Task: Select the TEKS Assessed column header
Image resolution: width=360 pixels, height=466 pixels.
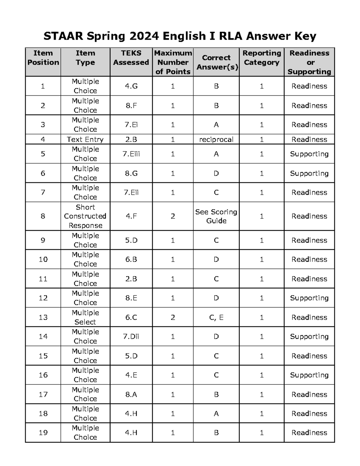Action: click(x=131, y=58)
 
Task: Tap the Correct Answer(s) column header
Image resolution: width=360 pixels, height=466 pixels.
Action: click(x=216, y=62)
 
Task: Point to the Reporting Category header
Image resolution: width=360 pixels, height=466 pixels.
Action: click(x=262, y=58)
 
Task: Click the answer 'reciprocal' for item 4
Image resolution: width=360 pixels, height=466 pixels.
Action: click(x=216, y=139)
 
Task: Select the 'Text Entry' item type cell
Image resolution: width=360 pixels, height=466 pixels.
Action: click(x=85, y=139)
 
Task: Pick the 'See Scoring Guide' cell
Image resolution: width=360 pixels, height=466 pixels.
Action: click(x=216, y=216)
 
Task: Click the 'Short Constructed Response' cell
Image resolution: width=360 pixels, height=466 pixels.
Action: click(x=85, y=216)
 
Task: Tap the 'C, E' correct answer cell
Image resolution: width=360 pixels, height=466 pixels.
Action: click(x=216, y=317)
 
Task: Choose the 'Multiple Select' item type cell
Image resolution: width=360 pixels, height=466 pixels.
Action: click(x=85, y=317)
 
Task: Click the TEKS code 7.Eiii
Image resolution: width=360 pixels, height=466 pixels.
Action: click(x=131, y=154)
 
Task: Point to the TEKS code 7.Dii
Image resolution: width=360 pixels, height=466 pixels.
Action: click(x=131, y=336)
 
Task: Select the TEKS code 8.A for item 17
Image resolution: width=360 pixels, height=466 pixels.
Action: click(x=131, y=394)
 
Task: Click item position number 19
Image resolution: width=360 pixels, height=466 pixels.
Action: click(x=43, y=432)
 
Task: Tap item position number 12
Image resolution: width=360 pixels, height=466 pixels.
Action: click(x=43, y=298)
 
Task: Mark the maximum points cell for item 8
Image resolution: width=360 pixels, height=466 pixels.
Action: click(x=173, y=216)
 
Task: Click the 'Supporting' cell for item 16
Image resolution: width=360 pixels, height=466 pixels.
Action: click(x=309, y=375)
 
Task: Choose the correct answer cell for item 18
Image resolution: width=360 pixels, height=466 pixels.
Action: click(x=216, y=413)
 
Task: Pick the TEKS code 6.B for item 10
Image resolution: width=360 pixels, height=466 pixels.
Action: click(x=131, y=259)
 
